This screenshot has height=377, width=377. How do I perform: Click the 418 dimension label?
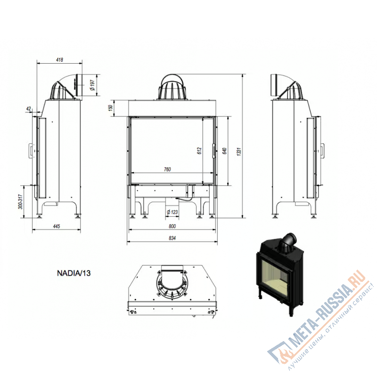pos(59,60)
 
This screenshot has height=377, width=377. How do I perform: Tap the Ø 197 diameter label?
pos(92,85)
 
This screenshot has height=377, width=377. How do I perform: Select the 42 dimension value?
pos(29,109)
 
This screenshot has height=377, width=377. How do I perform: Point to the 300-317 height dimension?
pos(20,202)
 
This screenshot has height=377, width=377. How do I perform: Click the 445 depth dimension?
pos(56,226)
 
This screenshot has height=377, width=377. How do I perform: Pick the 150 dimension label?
pos(111,107)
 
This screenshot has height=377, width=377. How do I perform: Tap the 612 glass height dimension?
pos(199,151)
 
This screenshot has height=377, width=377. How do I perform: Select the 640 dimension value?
pos(224,151)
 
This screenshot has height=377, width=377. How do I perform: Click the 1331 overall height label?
pos(239,151)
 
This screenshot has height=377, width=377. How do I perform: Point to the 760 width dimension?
pos(167,170)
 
